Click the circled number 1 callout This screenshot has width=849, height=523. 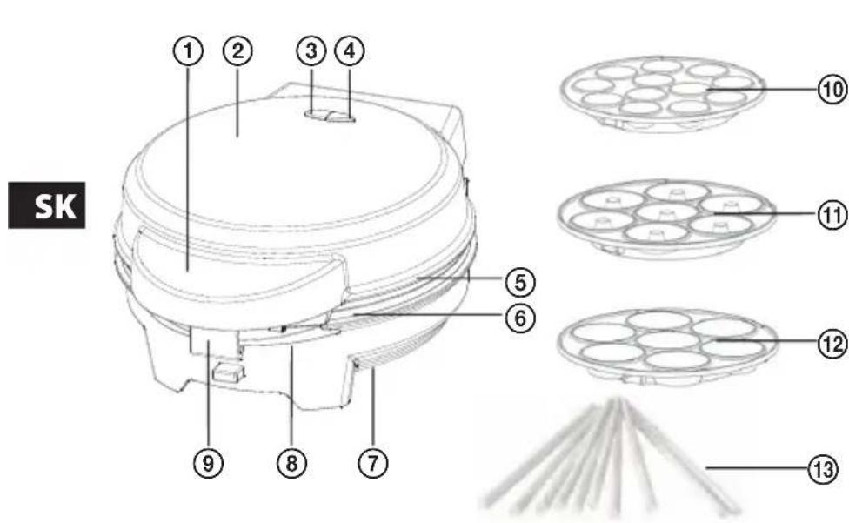pyautogui.click(x=188, y=50)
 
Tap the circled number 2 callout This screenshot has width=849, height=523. pyautogui.click(x=237, y=50)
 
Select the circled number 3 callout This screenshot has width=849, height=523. pyautogui.click(x=311, y=50)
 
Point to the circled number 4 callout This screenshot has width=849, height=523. pyautogui.click(x=350, y=50)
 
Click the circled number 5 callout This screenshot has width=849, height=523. pyautogui.click(x=520, y=282)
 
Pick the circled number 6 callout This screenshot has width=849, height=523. pyautogui.click(x=520, y=318)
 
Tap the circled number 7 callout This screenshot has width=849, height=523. pyautogui.click(x=373, y=463)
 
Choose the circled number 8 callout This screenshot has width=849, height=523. pyautogui.click(x=291, y=463)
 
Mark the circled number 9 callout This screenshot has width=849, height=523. pyautogui.click(x=209, y=463)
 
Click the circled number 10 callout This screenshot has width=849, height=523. pyautogui.click(x=832, y=89)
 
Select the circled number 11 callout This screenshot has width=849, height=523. pyautogui.click(x=832, y=215)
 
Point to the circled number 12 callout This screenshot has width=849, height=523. pyautogui.click(x=832, y=345)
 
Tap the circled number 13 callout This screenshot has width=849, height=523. pyautogui.click(x=823, y=469)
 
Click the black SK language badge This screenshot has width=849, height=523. pyautogui.click(x=47, y=205)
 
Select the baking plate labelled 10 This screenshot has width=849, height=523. pyautogui.click(x=662, y=93)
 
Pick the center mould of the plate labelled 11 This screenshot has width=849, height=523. pyautogui.click(x=666, y=211)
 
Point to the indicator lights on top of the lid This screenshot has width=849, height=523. pyautogui.click(x=329, y=115)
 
